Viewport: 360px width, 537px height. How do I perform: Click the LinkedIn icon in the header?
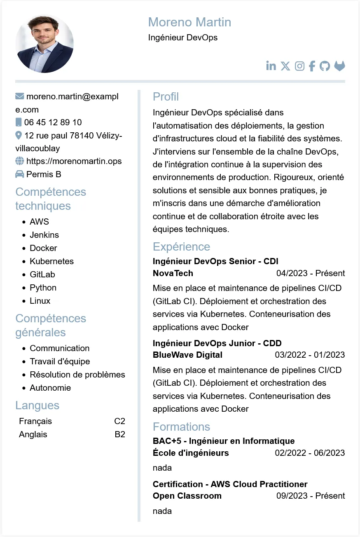point(271,66)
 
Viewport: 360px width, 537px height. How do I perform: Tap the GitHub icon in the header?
point(325,66)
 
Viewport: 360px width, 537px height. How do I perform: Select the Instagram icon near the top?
point(300,66)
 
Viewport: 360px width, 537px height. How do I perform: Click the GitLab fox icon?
point(339,66)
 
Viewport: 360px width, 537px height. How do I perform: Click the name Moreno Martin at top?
point(189,22)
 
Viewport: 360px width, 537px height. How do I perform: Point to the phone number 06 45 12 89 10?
point(53,122)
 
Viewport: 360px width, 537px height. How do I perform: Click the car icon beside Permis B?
point(19,174)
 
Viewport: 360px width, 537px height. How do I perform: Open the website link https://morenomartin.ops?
point(74,161)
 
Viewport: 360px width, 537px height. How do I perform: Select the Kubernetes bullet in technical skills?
point(51,261)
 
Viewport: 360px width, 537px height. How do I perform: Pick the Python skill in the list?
point(43,288)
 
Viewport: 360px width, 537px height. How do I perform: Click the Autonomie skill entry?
point(50,388)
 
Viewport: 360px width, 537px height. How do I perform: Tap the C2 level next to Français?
point(119,421)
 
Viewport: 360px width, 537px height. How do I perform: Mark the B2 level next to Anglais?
point(120,434)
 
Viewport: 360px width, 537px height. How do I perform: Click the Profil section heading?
point(166,97)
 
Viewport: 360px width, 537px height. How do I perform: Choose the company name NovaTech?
point(173,273)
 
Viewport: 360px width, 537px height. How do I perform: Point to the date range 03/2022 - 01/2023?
point(310,355)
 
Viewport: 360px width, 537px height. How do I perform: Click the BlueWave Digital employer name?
point(187,355)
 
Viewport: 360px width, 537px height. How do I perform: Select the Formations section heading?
point(181,427)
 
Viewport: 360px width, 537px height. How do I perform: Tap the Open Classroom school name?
point(187,496)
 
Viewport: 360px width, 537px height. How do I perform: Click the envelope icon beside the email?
point(19,96)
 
